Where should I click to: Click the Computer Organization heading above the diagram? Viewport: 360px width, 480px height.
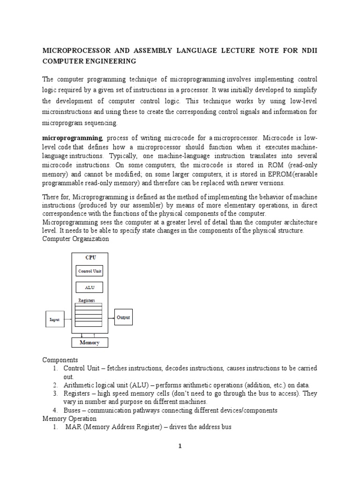pos(75,239)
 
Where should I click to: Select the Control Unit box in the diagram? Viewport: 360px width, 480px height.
pos(89,271)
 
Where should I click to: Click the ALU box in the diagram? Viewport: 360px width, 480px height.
pos(89,287)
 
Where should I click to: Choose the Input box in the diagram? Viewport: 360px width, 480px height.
pos(55,319)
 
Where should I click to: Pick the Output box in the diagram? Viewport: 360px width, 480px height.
pos(123,317)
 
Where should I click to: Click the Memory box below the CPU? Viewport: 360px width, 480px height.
pos(90,343)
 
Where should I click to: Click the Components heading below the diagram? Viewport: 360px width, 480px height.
pos(60,360)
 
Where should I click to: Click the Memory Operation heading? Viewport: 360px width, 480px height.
pos(69,418)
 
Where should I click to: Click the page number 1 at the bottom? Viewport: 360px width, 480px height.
pos(180,446)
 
